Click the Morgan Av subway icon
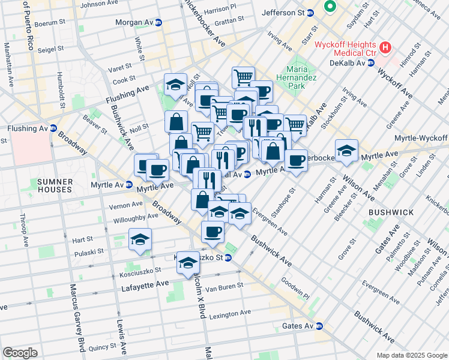(158, 23)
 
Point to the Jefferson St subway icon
(311, 13)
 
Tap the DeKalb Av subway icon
(372, 62)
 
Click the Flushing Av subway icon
(53, 128)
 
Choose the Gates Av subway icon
(319, 326)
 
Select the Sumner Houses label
(55, 185)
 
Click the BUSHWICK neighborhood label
(391, 212)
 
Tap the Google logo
(20, 353)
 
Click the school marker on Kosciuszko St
(188, 262)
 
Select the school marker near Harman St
(346, 151)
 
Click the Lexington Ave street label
(230, 313)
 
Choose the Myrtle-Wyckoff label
(421, 139)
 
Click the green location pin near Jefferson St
(329, 7)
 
